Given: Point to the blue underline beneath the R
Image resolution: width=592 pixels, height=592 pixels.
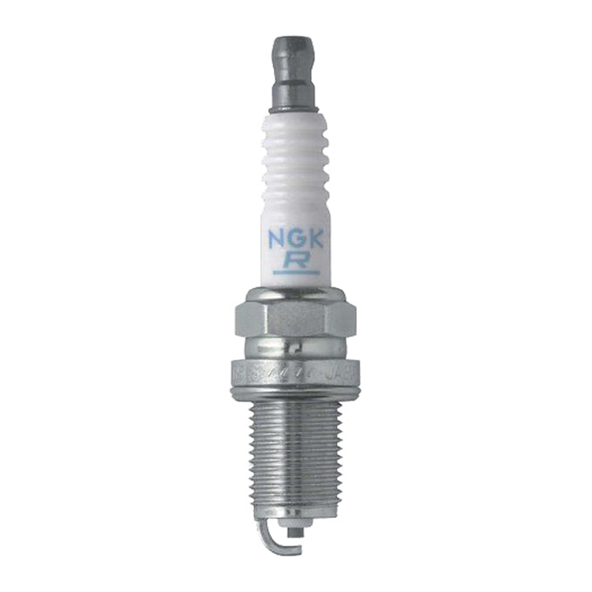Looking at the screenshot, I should point(296,273).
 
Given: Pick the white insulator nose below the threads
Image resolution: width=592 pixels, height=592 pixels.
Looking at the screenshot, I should point(298,525).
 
